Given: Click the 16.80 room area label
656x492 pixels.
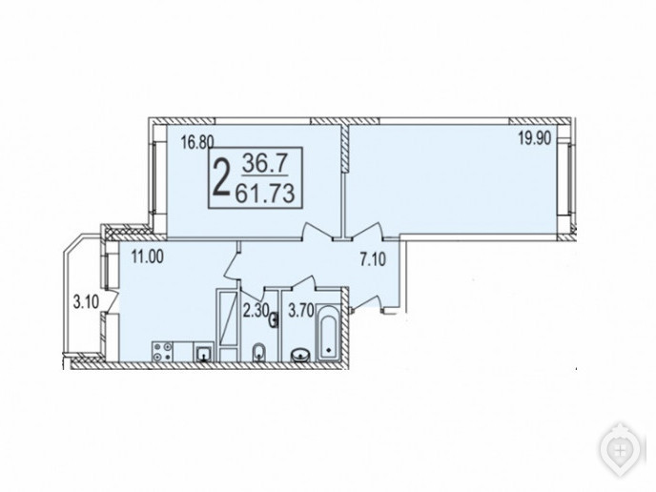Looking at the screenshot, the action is tap(197, 143).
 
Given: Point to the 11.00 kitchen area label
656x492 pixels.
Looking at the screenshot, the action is tap(147, 256).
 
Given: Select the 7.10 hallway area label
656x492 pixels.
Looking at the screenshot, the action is tap(373, 259).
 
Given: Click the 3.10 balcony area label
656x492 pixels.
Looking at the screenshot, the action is tap(86, 302).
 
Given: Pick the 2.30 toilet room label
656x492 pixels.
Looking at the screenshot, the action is tap(256, 311).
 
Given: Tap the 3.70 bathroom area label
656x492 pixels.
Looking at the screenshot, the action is tap(301, 311).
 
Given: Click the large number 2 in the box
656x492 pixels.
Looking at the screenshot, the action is tap(221, 178).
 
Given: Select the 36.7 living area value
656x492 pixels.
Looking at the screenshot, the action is tap(264, 163).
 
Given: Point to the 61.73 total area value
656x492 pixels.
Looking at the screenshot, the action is tap(265, 195).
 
